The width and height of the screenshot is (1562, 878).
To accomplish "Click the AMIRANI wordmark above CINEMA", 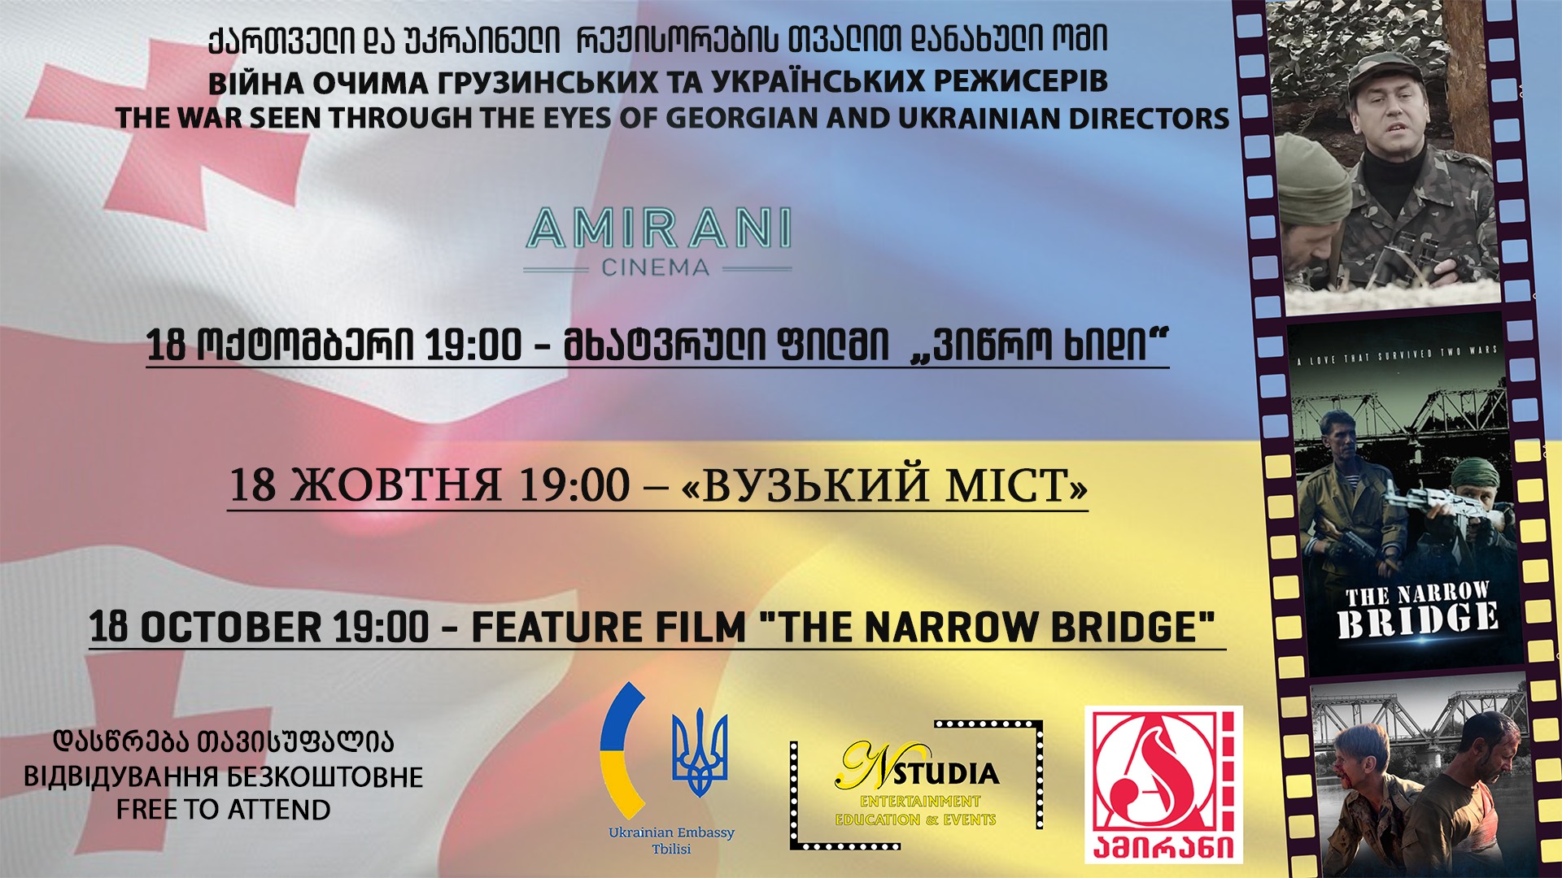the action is click(658, 228).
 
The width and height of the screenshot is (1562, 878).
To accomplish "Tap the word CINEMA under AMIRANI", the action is click(656, 267).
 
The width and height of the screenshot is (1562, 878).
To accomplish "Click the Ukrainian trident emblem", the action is click(700, 752).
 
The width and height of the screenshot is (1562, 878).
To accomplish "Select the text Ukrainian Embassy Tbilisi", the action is click(671, 841).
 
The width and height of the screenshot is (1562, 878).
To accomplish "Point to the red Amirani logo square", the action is click(1163, 785).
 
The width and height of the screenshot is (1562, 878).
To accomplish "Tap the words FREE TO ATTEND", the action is click(224, 810).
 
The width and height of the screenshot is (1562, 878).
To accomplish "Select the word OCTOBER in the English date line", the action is click(231, 627).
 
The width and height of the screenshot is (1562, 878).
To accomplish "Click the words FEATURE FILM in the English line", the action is click(609, 627).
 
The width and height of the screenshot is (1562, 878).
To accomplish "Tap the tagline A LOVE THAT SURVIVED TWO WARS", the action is click(1396, 355).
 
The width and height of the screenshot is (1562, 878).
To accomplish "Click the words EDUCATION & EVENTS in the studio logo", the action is click(916, 819).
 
